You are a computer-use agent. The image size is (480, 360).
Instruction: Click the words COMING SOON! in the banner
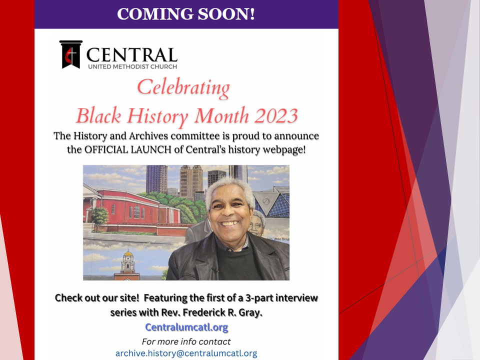[186, 14]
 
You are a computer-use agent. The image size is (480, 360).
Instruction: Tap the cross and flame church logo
[71, 54]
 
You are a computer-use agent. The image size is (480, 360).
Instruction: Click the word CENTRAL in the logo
[132, 55]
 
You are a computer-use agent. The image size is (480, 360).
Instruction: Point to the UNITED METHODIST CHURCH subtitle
[132, 66]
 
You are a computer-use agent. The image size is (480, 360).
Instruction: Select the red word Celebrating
[183, 88]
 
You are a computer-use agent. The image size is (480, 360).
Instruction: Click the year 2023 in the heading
[276, 116]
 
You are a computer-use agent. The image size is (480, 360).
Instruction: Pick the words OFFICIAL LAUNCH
[127, 149]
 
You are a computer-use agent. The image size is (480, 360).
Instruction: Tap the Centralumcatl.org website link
[186, 327]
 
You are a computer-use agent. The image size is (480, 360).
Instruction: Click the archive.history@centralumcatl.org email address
[186, 353]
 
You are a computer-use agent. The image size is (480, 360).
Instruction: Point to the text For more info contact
[186, 341]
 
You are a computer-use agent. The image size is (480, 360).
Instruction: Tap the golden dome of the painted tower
[128, 253]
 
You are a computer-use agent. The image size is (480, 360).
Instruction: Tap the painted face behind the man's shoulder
[257, 223]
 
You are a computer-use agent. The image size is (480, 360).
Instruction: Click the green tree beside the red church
[100, 218]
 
